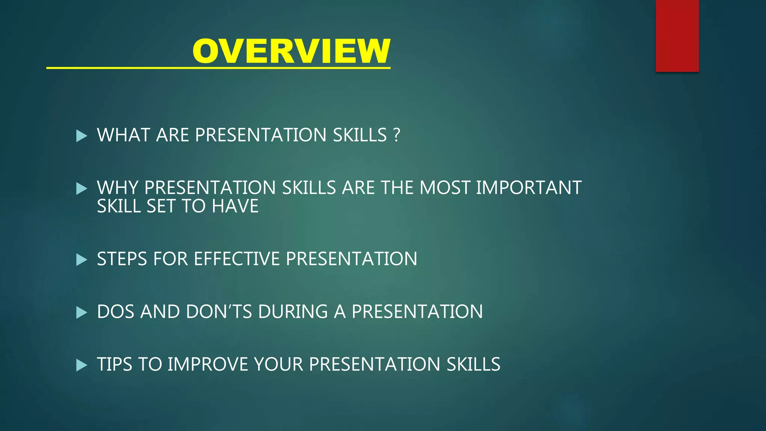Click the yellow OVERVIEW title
coord(291,51)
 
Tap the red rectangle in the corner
coord(677,36)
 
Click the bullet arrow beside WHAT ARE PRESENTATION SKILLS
coord(81,135)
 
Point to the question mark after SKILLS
coord(397,135)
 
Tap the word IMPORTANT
coord(528,188)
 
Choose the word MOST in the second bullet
coord(445,188)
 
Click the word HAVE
coord(235,207)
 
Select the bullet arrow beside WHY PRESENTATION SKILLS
coord(81,188)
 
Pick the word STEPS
coord(122,259)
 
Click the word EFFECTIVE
coord(237,259)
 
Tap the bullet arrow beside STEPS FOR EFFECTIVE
coord(81,259)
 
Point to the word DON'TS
coord(219,312)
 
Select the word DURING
coord(293,312)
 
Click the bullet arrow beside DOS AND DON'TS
coord(81,312)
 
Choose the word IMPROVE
coord(208,364)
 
